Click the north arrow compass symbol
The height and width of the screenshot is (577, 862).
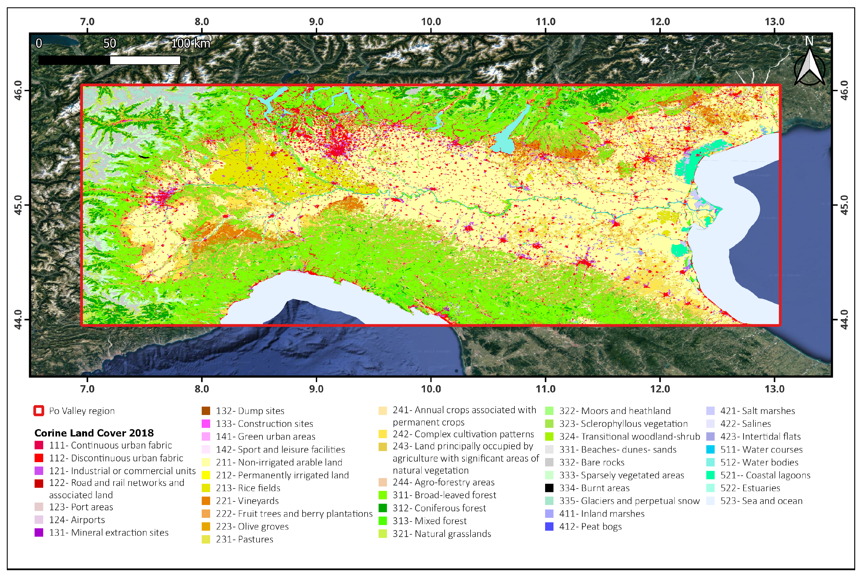[809, 66]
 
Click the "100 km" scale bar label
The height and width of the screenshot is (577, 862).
[191, 43]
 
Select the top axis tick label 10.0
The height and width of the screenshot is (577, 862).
[431, 22]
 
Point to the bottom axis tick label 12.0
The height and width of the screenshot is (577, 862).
[660, 389]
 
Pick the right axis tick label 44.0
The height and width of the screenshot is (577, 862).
[844, 320]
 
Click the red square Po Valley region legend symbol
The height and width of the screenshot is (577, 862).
[39, 411]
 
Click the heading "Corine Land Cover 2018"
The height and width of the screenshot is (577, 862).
[94, 433]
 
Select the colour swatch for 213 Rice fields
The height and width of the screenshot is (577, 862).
[206, 488]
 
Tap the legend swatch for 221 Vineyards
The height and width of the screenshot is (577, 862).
[206, 501]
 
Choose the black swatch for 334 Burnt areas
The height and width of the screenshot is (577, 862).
[549, 488]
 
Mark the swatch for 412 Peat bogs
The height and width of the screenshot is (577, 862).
[549, 526]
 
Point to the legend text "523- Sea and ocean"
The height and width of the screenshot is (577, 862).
[761, 501]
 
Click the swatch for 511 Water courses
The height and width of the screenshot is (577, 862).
[710, 449]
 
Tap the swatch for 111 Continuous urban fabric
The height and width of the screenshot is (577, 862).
[39, 445]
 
